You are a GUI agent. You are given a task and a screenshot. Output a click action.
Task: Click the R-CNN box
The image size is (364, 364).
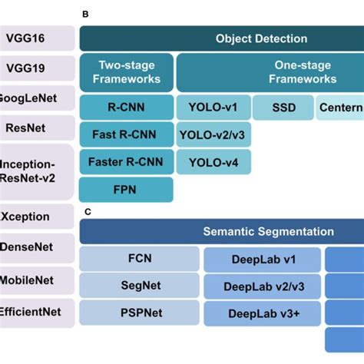[x=126, y=108]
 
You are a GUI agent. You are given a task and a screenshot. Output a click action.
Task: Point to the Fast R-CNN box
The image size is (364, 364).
[x=126, y=135]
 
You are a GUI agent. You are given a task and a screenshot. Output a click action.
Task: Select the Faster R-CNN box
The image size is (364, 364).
[x=126, y=162]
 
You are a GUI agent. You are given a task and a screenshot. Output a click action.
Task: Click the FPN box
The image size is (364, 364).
[x=126, y=189]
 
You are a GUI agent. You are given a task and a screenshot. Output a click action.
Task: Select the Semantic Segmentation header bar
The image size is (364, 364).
[x=221, y=231]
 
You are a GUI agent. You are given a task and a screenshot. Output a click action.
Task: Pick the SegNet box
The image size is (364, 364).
[x=140, y=286]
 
